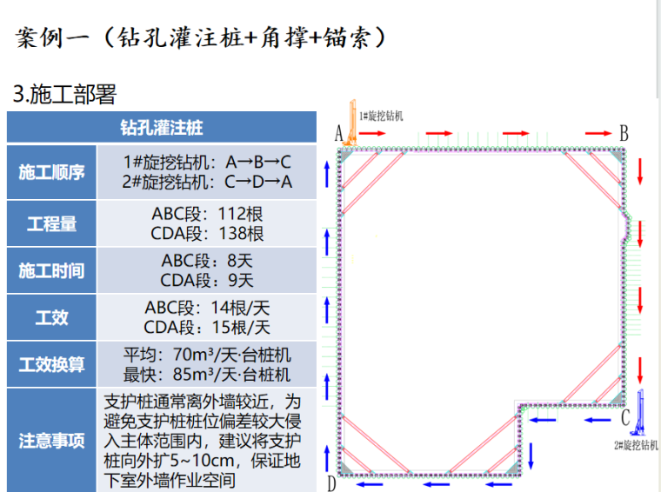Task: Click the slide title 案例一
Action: point(53,37)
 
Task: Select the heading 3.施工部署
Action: point(64,94)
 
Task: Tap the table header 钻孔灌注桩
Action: point(162,128)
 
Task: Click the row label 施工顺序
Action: point(51,172)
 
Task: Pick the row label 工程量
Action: point(51,223)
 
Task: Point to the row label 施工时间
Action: point(51,270)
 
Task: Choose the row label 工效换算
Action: point(51,364)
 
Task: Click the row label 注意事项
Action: point(51,440)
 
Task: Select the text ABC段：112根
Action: point(207,214)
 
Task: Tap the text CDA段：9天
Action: point(207,280)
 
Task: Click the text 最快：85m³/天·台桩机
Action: point(207,375)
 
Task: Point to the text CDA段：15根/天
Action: point(207,327)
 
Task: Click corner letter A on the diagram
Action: point(340,133)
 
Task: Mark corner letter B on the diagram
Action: point(623,133)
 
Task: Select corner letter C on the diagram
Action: point(625,417)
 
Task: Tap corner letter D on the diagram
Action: point(331,483)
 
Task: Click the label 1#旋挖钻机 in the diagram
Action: point(382,115)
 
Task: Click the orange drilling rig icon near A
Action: point(351,123)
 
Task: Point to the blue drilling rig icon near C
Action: point(642,414)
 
